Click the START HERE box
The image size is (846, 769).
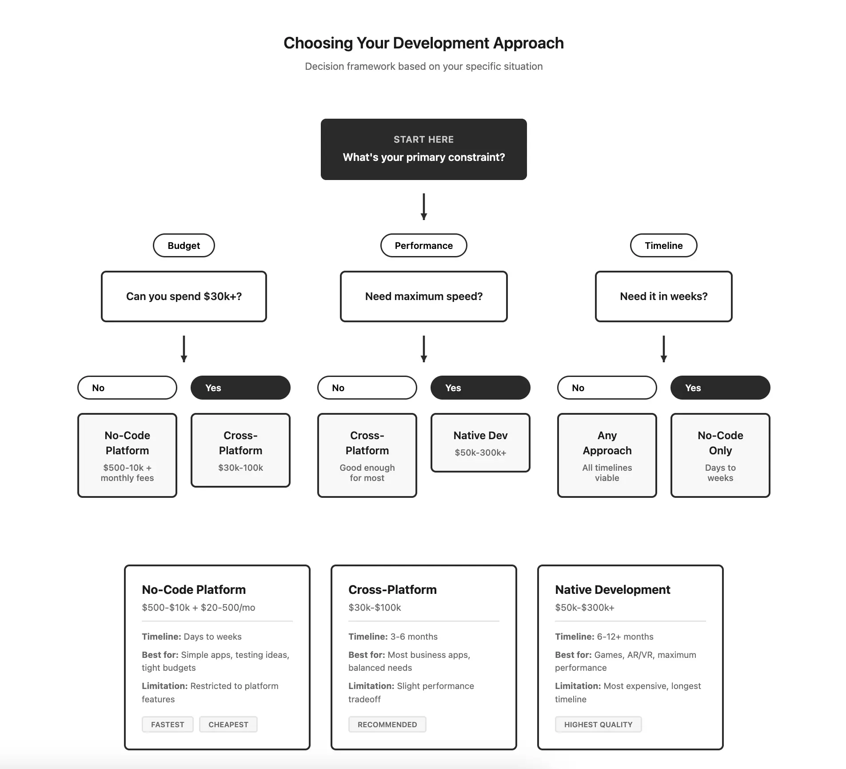click(x=423, y=149)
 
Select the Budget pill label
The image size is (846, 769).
click(x=184, y=245)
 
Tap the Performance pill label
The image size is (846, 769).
click(x=423, y=245)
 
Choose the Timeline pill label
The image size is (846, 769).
click(x=663, y=245)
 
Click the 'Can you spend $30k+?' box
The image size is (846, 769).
click(x=184, y=296)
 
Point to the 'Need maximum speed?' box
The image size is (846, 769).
click(x=423, y=296)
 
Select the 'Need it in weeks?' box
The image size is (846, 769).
click(x=663, y=296)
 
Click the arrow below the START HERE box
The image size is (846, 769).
click(x=423, y=207)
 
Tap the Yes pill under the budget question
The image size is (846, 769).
click(x=240, y=388)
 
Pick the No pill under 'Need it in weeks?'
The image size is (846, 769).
click(x=607, y=388)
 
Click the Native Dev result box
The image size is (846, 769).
click(x=480, y=443)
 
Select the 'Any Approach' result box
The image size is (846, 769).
click(x=607, y=455)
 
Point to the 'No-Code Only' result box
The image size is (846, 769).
click(x=720, y=455)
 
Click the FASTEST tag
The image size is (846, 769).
click(x=168, y=724)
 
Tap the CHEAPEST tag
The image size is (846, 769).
click(x=228, y=724)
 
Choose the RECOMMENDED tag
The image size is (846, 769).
click(x=387, y=724)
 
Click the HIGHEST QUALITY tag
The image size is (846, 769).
click(x=598, y=724)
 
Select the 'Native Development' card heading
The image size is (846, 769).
click(x=612, y=589)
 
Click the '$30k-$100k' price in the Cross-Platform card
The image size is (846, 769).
click(x=375, y=607)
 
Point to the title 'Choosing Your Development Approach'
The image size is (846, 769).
click(x=423, y=43)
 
